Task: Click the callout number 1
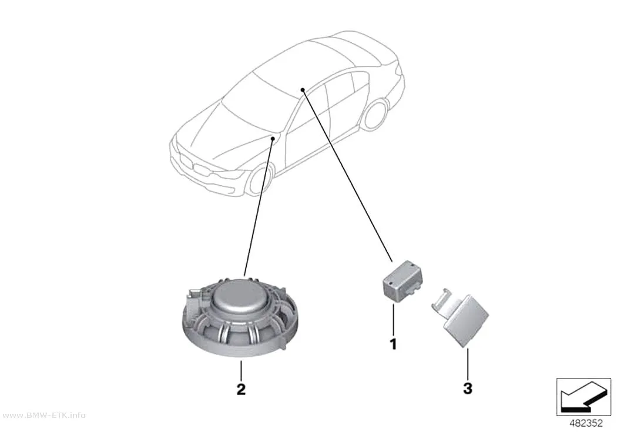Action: tap(393, 344)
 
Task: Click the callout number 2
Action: tap(241, 389)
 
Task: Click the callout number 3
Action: tap(468, 389)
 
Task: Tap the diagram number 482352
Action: tap(586, 423)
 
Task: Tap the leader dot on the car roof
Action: tap(303, 90)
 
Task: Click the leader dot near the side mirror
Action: tap(273, 139)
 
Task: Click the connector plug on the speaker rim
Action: tap(195, 303)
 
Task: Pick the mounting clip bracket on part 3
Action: tap(442, 301)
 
